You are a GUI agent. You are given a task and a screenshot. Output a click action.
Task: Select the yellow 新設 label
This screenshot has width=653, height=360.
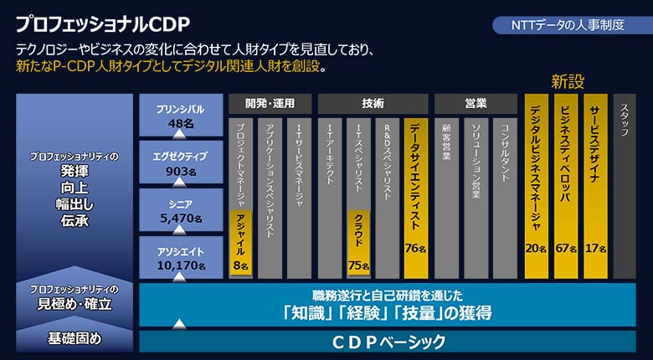[x=568, y=81]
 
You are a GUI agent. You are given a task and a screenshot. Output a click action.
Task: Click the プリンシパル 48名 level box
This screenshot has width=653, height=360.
[x=181, y=115]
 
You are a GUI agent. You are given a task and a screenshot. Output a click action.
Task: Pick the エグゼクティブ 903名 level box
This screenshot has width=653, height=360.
[x=181, y=162]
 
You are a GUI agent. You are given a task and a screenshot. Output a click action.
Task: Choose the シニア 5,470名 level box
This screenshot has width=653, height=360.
[x=181, y=210]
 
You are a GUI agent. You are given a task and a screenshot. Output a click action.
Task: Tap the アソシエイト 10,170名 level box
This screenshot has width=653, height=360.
[x=181, y=258]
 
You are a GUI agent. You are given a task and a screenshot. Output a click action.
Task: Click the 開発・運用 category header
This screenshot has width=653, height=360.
[x=270, y=104]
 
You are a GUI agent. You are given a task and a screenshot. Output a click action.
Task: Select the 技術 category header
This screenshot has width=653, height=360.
[x=373, y=104]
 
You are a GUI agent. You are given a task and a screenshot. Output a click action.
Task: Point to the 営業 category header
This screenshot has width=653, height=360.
[x=476, y=104]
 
